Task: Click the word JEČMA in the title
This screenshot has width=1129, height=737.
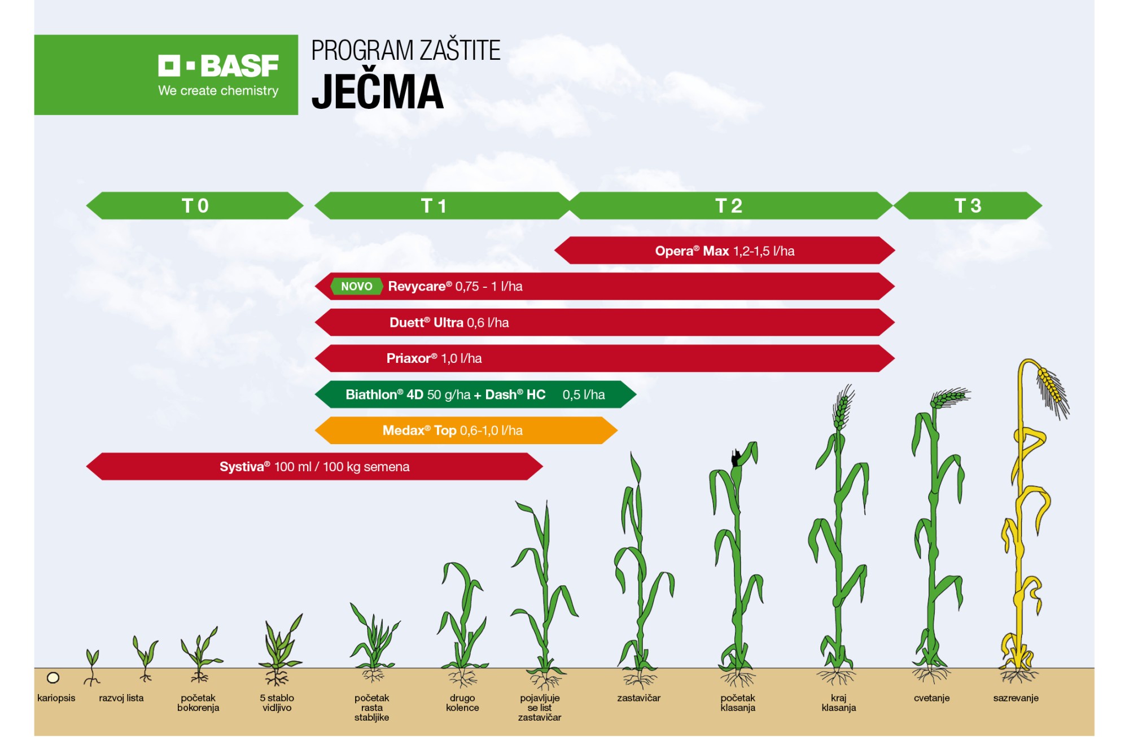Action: (378, 92)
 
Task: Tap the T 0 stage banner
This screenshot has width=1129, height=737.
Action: (195, 205)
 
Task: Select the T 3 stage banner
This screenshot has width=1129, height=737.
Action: (968, 205)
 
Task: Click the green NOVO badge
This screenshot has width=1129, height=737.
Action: (356, 286)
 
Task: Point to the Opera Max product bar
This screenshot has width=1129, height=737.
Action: (725, 251)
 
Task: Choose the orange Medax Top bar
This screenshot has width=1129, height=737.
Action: (466, 431)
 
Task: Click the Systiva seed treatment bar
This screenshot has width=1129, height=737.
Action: (314, 467)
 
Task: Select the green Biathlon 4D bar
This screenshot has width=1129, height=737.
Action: (475, 394)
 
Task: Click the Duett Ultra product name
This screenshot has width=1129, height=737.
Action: (426, 322)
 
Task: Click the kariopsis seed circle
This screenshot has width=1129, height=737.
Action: (53, 678)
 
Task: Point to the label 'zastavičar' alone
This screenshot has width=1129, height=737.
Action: (638, 698)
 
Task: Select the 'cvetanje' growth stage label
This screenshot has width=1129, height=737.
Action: (931, 698)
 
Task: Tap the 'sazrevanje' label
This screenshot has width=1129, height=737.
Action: (1016, 698)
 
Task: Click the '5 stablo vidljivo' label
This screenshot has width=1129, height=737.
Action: (277, 703)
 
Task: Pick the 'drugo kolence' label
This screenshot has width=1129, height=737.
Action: (462, 703)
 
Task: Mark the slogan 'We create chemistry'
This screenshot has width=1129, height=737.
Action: (218, 91)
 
